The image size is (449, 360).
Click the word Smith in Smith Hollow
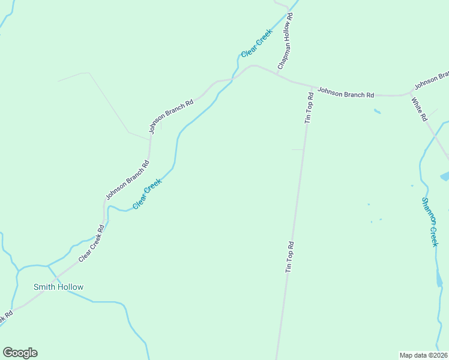(44, 287)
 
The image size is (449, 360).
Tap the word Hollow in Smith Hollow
(70, 287)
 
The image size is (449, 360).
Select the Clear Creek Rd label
(92, 242)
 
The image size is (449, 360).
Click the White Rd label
(419, 106)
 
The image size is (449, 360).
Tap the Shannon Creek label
(430, 222)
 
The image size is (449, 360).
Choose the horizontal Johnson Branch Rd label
(346, 93)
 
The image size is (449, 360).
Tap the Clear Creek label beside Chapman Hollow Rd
(256, 43)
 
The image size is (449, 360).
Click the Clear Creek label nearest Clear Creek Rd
(147, 194)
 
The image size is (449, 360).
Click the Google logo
(20, 353)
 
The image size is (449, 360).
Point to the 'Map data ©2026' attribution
(423, 355)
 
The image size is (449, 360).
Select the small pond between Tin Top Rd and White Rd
(377, 111)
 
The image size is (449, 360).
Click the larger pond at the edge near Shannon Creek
(445, 176)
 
